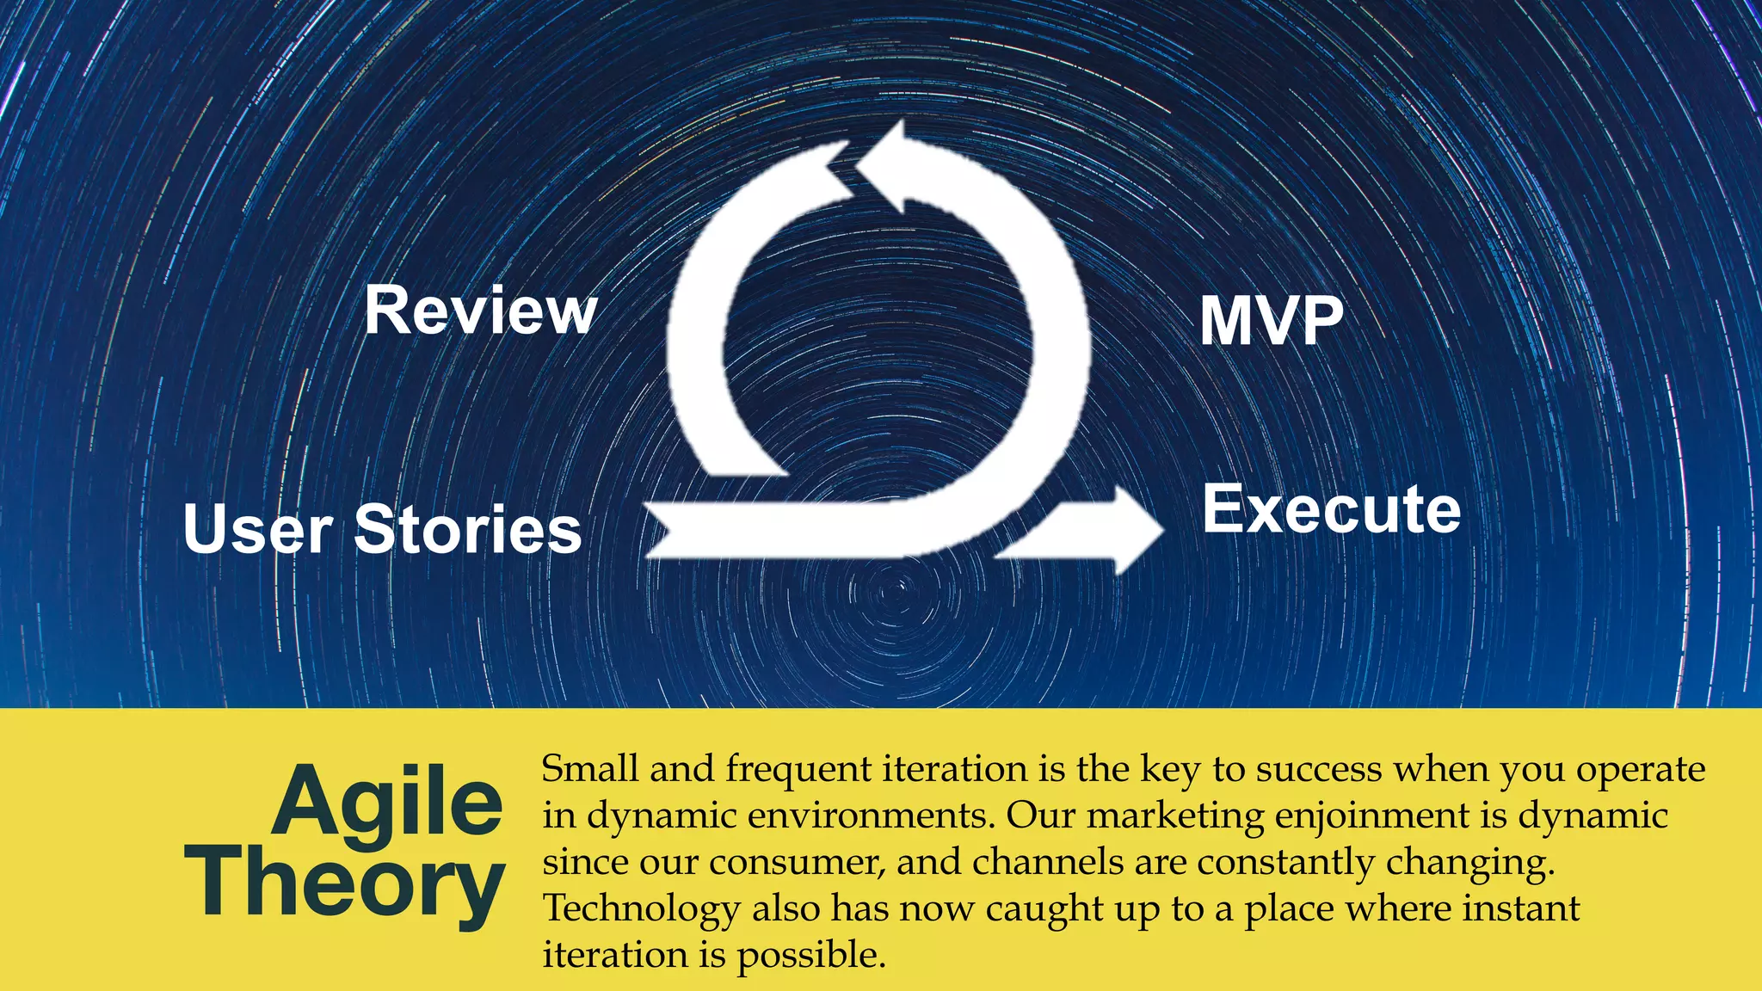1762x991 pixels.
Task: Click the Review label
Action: pos(480,311)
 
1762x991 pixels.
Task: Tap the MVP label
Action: pos(1271,321)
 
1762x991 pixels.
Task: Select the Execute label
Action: pos(1331,509)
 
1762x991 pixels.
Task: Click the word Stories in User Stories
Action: pos(468,529)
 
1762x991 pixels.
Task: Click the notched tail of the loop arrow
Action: pos(667,529)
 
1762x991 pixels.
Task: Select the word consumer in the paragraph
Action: pos(797,863)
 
